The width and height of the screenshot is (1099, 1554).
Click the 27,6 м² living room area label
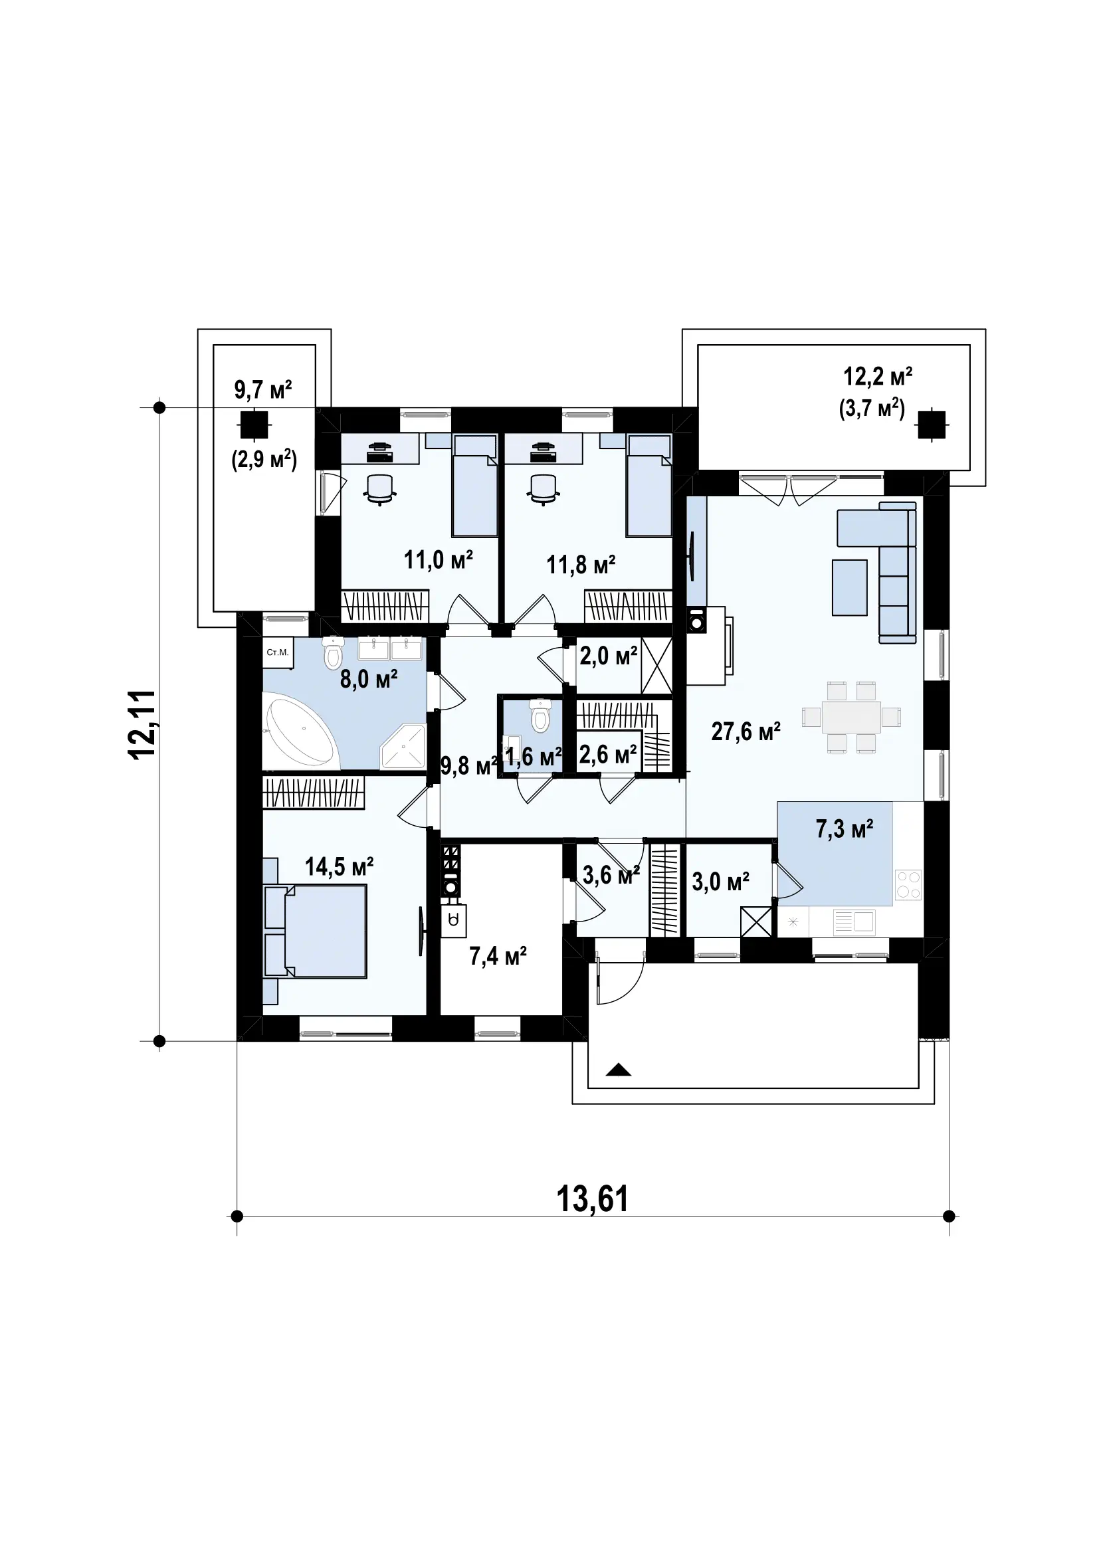click(x=746, y=731)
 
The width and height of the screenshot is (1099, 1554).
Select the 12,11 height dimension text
click(x=143, y=724)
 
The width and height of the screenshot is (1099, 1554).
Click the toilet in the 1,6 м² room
click(x=540, y=716)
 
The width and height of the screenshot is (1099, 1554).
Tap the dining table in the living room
click(x=851, y=717)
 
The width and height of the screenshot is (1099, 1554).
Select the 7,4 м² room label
click(x=498, y=955)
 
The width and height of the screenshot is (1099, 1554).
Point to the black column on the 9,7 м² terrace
click(x=254, y=426)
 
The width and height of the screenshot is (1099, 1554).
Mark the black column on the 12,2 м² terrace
click(x=932, y=425)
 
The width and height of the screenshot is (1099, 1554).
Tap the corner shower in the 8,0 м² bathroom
click(x=403, y=747)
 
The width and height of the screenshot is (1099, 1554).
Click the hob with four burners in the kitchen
click(x=908, y=884)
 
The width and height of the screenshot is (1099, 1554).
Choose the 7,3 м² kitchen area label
click(x=845, y=828)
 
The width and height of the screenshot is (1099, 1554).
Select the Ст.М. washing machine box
click(x=278, y=653)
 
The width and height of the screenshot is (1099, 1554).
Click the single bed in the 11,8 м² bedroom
click(x=650, y=486)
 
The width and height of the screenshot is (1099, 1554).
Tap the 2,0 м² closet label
click(x=609, y=655)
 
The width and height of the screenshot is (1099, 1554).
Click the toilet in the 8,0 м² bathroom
click(x=332, y=652)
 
